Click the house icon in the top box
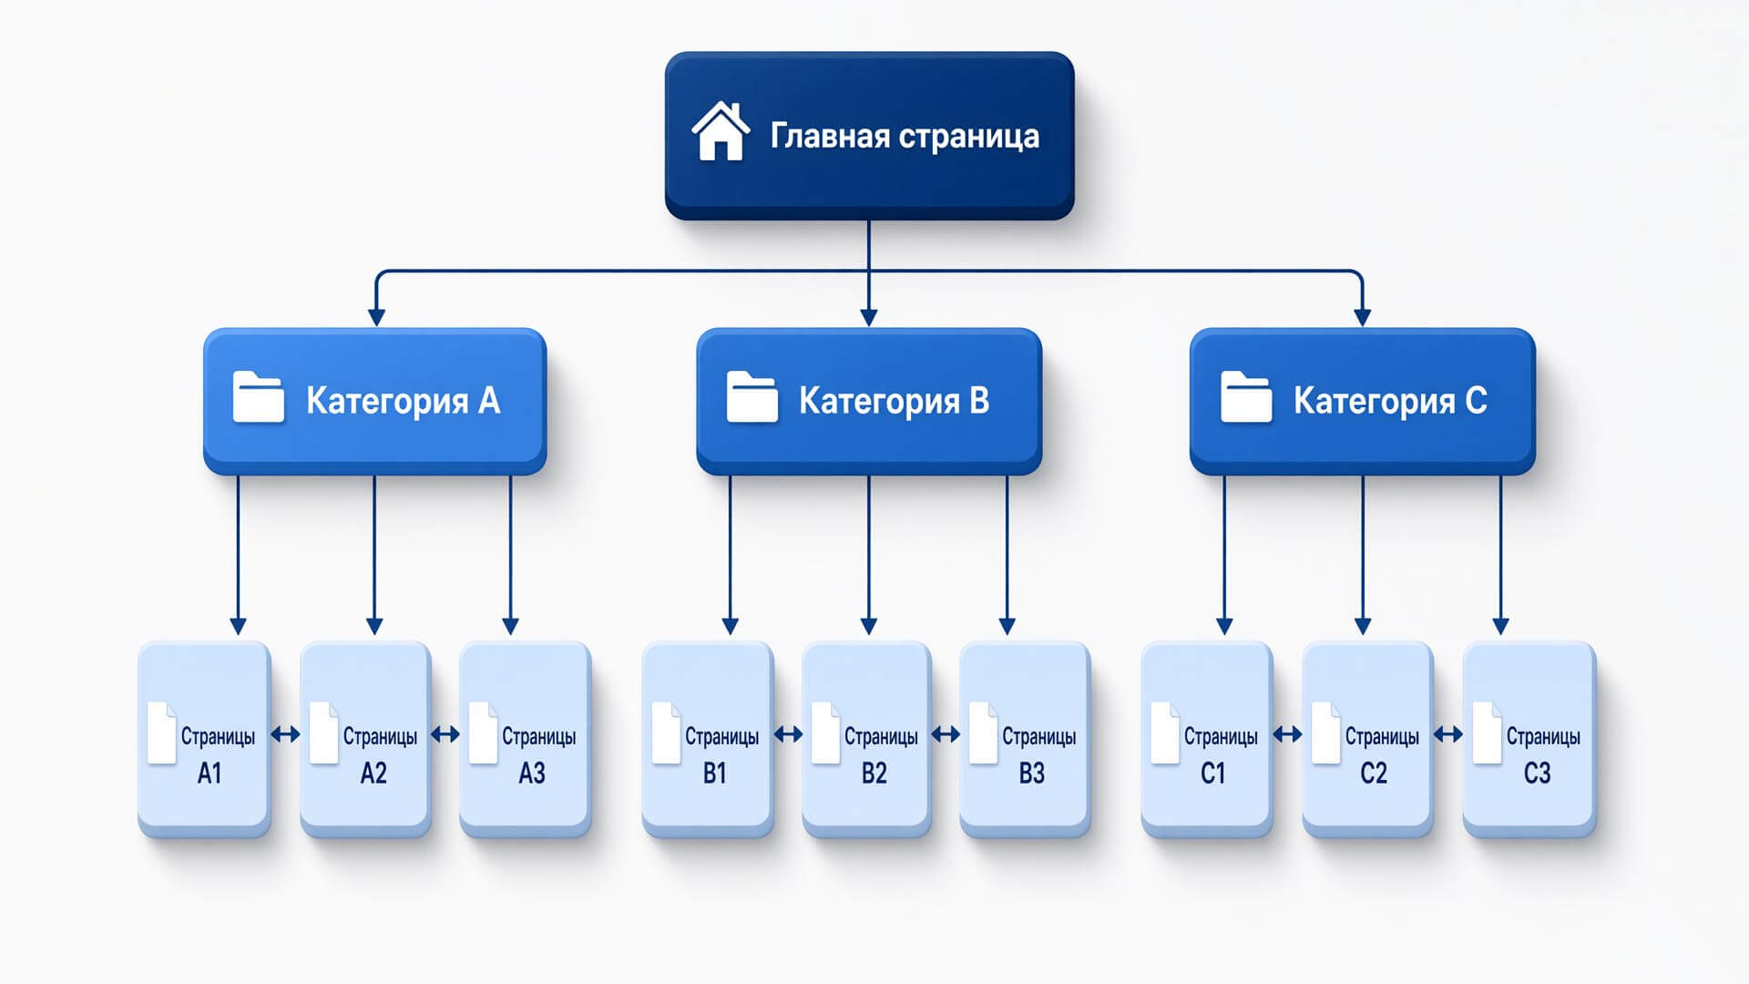[x=721, y=132]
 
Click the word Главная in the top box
[x=830, y=136]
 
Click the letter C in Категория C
[x=1476, y=400]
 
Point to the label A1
[x=210, y=774]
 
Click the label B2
[x=874, y=774]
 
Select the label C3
[x=1537, y=774]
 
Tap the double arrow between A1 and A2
[x=285, y=733]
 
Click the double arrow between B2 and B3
[x=946, y=733]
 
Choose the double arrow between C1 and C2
[x=1287, y=733]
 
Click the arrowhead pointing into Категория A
[x=376, y=317]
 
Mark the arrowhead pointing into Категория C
[x=1363, y=317]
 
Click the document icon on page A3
[x=483, y=733]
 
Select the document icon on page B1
[x=666, y=733]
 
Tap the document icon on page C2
[x=1325, y=733]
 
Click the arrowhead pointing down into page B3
[x=1007, y=626]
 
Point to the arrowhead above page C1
[x=1224, y=626]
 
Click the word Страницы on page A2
[x=380, y=736]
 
